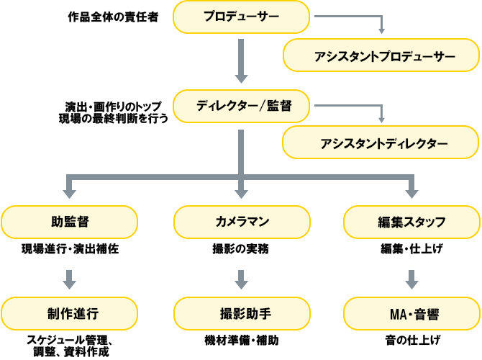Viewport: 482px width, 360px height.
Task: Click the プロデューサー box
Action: tap(242, 17)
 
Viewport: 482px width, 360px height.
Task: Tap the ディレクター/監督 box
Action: tap(242, 107)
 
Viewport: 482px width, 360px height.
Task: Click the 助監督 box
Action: tap(69, 222)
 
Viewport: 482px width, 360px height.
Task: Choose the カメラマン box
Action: tap(242, 222)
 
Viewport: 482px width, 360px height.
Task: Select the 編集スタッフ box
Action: tap(411, 222)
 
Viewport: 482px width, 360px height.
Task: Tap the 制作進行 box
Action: tap(69, 314)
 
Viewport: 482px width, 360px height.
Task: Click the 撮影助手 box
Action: tap(242, 314)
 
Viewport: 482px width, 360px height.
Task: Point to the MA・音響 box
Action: tap(411, 314)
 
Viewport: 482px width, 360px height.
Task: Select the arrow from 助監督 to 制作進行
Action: tap(69, 279)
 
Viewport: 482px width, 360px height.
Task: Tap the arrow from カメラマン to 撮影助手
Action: tap(242, 279)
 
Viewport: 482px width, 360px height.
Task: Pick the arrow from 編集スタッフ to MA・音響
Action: tap(411, 279)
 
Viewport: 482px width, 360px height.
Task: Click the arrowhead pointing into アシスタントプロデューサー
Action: tap(382, 31)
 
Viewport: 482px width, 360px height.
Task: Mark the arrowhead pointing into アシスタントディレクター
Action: tap(382, 119)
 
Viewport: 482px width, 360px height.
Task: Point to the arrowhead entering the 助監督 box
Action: tap(69, 192)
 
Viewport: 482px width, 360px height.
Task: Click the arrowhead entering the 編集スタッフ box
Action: tap(411, 192)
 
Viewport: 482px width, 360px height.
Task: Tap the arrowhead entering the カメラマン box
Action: tap(242, 192)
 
